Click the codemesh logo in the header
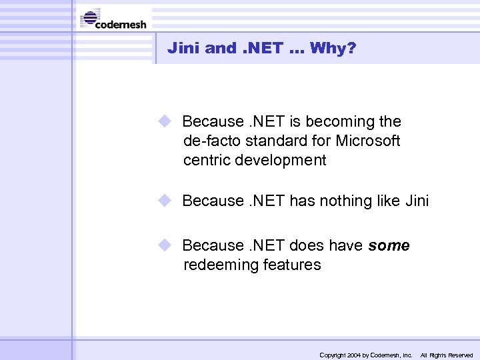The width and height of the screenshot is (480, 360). coord(113,19)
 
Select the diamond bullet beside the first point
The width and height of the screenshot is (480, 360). coord(165,121)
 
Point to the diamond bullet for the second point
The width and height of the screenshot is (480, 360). coord(165,200)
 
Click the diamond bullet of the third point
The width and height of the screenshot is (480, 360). coord(165,245)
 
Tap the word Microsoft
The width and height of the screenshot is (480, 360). coord(367,141)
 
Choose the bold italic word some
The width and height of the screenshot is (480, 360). coord(389,246)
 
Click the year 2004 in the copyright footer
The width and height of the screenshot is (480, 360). coord(353,355)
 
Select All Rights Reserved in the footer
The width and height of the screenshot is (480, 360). coord(446,355)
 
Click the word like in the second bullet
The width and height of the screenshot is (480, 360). coord(387,201)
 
